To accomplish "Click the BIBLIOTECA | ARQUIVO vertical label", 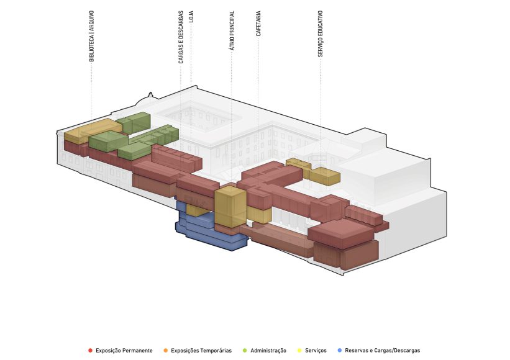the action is click(x=91, y=36).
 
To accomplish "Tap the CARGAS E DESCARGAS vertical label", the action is click(x=181, y=37).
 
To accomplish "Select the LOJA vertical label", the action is click(x=191, y=17).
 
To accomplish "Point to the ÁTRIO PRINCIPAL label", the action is click(x=232, y=30).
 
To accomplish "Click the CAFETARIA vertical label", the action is click(x=258, y=24).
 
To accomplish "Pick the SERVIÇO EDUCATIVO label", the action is click(x=321, y=34).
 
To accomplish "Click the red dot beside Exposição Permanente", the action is click(x=91, y=351).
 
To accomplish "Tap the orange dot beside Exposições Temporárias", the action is click(x=166, y=351).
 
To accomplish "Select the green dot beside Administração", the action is click(x=245, y=351).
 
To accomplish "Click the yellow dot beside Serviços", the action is click(x=299, y=351).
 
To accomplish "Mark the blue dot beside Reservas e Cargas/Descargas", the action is click(x=340, y=351).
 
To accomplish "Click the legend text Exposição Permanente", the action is click(x=124, y=351).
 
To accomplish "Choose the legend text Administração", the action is click(x=268, y=351).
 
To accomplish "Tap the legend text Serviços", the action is click(x=316, y=351).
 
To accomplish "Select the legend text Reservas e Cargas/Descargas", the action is click(x=383, y=351).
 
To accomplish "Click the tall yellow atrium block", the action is click(x=230, y=207).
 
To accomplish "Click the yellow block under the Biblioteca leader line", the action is click(x=88, y=130).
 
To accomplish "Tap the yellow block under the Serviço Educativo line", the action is click(x=324, y=176).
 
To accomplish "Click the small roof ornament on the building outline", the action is click(x=150, y=95).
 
